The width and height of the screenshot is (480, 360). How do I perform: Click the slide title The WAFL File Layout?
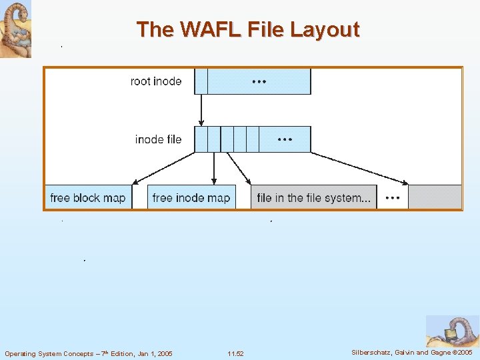tap(248, 29)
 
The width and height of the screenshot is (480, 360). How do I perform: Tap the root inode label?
tap(156, 81)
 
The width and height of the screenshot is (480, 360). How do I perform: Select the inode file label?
tap(158, 139)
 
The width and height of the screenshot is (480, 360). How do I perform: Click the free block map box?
tap(87, 197)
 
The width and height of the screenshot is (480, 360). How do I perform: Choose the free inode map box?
tap(191, 197)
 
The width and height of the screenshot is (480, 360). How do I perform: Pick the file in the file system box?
tap(313, 197)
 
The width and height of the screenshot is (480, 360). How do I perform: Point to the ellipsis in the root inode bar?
tap(259, 81)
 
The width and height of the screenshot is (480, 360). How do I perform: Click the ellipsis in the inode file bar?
tap(285, 139)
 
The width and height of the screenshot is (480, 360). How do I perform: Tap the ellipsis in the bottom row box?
tap(393, 197)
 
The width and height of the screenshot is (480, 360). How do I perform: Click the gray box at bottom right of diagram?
tap(435, 197)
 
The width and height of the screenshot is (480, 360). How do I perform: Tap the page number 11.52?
tap(235, 353)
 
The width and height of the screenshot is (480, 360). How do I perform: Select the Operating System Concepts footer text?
tap(88, 353)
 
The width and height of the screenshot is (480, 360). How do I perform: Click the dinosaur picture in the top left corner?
tap(15, 29)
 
